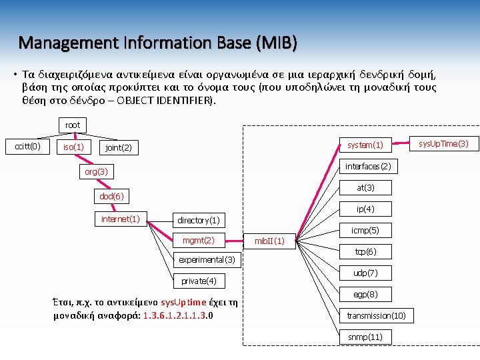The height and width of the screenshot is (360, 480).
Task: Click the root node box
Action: (73, 125)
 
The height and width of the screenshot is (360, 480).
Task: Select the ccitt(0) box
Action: (28, 146)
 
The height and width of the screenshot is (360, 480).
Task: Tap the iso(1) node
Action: (73, 147)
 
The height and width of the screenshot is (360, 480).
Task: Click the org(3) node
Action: (96, 172)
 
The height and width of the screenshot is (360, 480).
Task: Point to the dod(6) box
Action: (111, 196)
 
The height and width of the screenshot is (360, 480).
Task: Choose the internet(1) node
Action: (120, 219)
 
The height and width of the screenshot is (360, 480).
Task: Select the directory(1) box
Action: (199, 219)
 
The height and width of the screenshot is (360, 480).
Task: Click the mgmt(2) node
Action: (199, 240)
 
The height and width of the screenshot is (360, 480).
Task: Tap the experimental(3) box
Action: (207, 259)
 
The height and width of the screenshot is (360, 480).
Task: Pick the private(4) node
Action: (199, 281)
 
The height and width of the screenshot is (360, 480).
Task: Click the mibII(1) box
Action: (270, 240)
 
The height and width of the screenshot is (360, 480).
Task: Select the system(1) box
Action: (365, 145)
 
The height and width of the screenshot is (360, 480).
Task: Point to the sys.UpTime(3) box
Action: (444, 143)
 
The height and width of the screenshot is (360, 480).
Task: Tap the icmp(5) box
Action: (365, 231)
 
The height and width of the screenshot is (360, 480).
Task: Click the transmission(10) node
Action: (376, 315)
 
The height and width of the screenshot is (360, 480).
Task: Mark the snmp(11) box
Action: (365, 337)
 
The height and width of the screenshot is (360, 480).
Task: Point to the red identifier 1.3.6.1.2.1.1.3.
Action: (175, 315)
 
